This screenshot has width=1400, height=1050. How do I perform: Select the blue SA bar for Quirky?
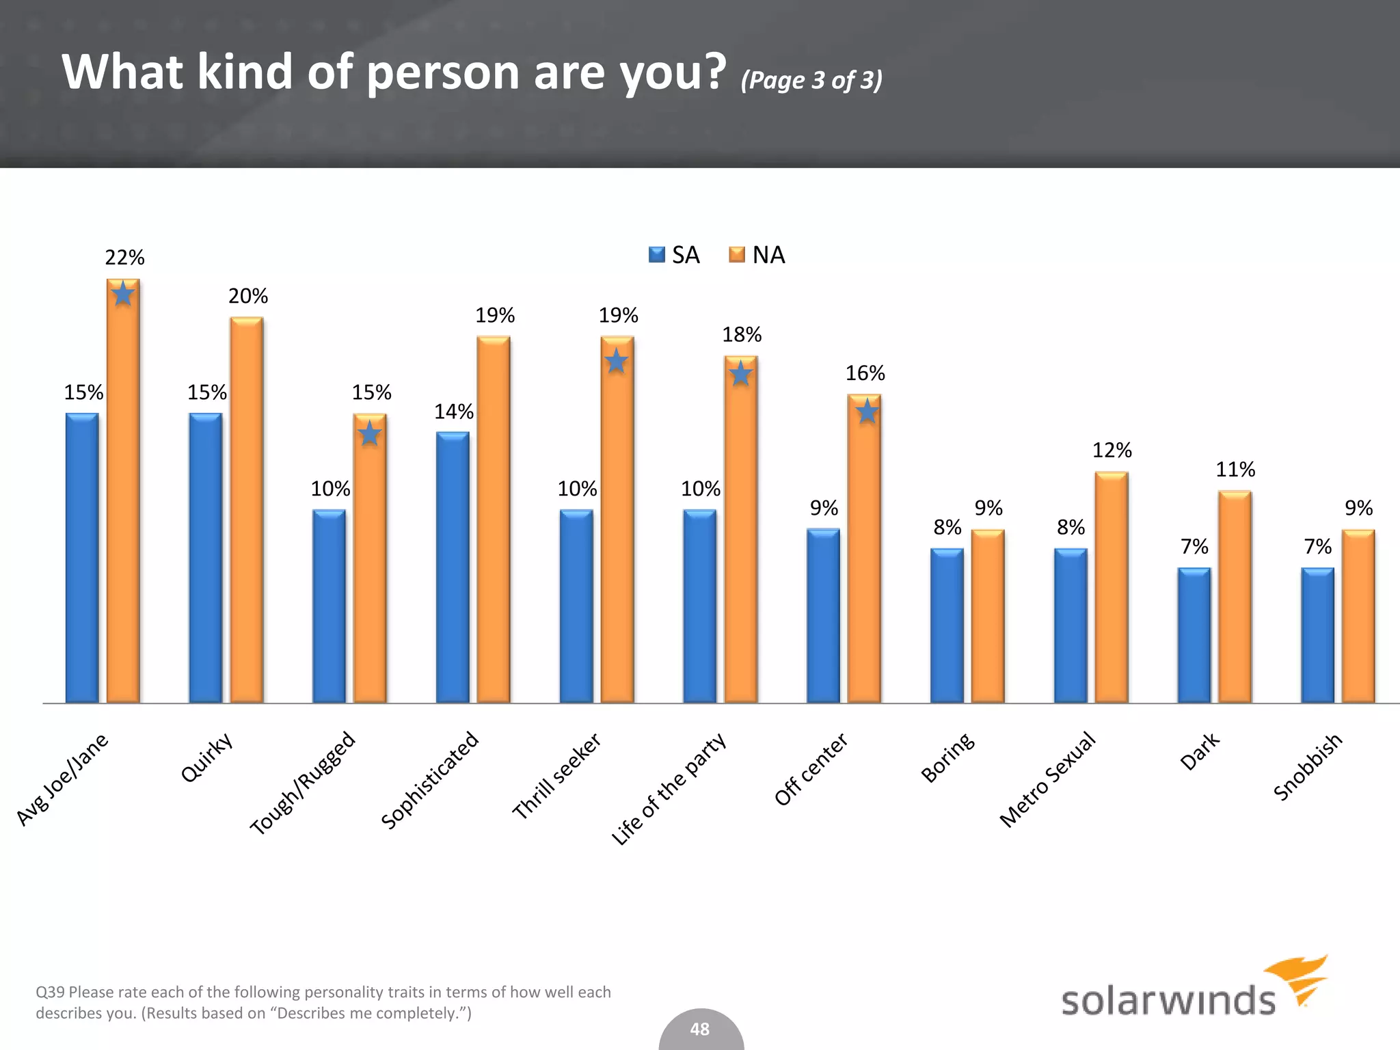(205, 557)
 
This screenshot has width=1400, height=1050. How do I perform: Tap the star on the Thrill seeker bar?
(617, 361)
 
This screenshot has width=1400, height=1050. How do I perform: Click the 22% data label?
(124, 258)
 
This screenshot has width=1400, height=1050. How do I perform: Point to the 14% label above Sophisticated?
(454, 412)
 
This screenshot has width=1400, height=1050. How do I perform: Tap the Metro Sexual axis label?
(1047, 779)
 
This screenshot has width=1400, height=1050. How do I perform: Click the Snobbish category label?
(1308, 766)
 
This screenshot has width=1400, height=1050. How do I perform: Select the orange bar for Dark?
(1235, 596)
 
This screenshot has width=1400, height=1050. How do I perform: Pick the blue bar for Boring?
(947, 625)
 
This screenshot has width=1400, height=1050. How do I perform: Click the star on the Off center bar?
(867, 412)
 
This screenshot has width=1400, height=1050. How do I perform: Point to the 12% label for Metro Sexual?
(1112, 450)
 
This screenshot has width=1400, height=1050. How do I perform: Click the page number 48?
(700, 1029)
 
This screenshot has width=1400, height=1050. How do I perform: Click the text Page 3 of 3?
(811, 80)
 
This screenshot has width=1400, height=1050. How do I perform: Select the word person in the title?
(442, 72)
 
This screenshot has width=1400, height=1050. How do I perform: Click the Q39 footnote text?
(323, 1002)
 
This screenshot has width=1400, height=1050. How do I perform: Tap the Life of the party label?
(668, 790)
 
